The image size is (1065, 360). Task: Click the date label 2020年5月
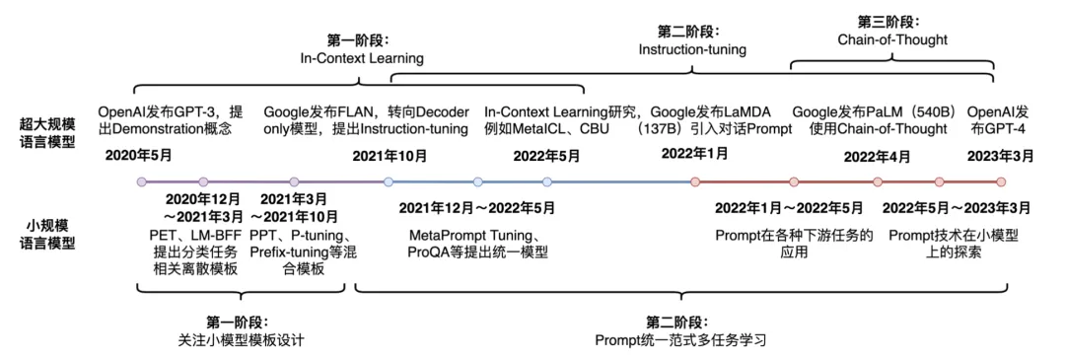(139, 156)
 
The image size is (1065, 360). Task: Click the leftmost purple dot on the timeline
(141, 181)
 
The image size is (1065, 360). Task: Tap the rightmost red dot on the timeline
(1001, 181)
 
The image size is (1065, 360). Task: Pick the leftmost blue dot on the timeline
(388, 181)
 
